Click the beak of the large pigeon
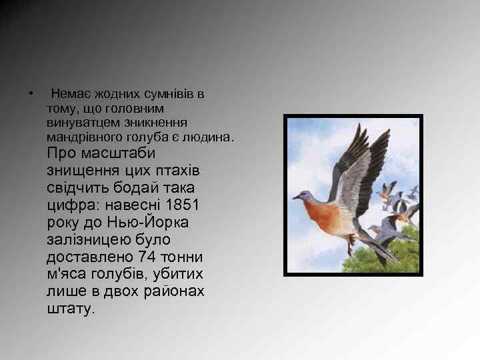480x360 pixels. [x=295, y=197]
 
